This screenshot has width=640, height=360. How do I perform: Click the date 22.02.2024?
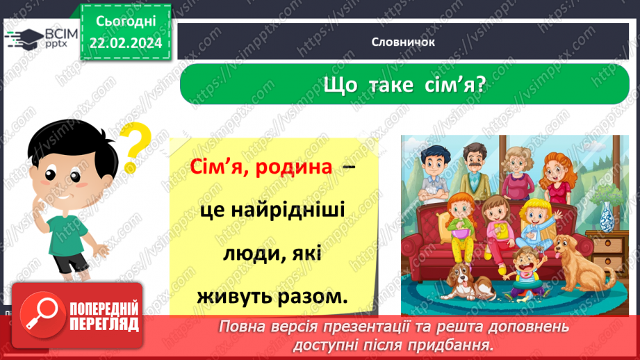tap(125, 43)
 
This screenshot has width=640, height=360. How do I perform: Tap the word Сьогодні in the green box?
tap(125, 21)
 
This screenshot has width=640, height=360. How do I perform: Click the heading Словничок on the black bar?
tap(403, 42)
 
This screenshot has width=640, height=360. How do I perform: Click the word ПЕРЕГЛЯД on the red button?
tap(104, 324)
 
